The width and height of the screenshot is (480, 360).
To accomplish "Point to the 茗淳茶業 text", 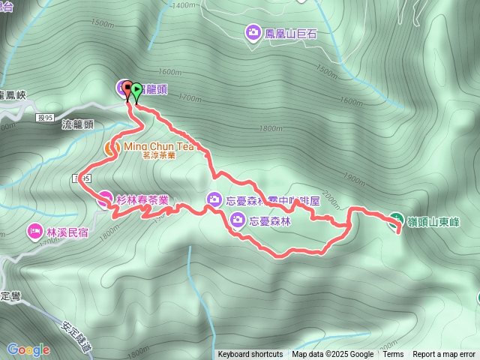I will point(157,155).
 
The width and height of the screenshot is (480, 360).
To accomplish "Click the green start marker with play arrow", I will point(136,90).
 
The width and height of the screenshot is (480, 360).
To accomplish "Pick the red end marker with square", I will point(127,88).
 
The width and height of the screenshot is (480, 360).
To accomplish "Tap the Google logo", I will point(28,349).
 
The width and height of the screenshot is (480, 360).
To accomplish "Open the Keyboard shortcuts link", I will point(250,355).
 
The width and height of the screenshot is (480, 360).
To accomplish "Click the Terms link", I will point(393,355).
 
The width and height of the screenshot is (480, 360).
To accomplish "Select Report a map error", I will point(445,355).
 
